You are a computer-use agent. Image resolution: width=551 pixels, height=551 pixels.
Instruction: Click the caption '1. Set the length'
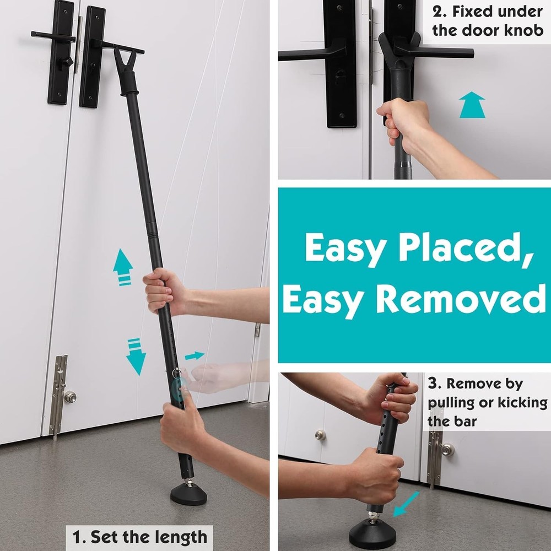pyautogui.click(x=141, y=536)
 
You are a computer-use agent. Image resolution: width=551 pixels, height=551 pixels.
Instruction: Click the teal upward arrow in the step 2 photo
pyautogui.click(x=472, y=105)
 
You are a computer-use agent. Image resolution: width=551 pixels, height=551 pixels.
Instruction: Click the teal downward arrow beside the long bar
pyautogui.click(x=136, y=356)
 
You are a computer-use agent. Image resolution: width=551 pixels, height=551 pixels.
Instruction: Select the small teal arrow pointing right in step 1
pyautogui.click(x=194, y=356)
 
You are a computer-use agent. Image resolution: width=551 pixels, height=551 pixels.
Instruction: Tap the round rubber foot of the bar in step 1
pyautogui.click(x=188, y=494)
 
